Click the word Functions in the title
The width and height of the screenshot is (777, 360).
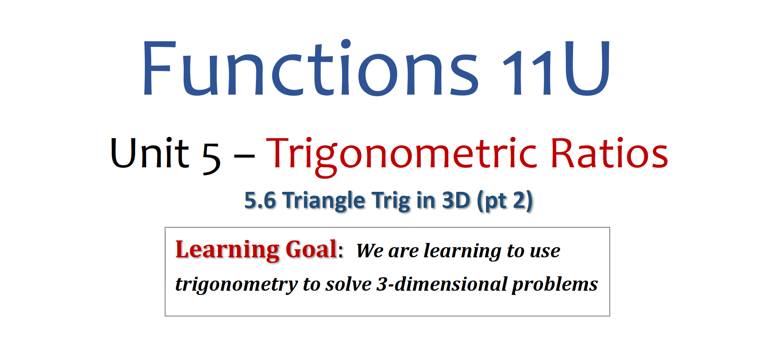point(311,68)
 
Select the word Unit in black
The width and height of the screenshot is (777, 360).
point(149,153)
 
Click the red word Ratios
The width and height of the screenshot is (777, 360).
point(609,153)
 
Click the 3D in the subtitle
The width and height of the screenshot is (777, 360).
point(456,200)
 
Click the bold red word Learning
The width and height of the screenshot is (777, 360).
point(227,250)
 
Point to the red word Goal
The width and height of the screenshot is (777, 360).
point(311,249)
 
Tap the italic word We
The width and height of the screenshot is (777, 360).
point(369,251)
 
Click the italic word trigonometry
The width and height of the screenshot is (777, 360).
point(236,285)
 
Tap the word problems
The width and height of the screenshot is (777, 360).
point(555,285)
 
